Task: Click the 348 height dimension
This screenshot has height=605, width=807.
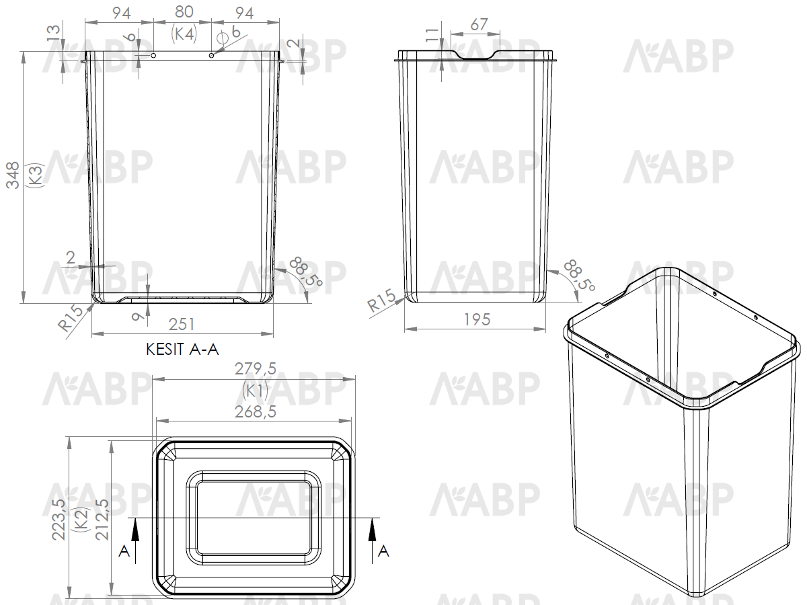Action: [x=13, y=175]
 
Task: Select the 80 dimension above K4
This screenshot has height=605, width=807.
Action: [x=184, y=11]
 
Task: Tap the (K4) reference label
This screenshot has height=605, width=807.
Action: [x=184, y=34]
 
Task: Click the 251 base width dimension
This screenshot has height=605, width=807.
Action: [x=182, y=324]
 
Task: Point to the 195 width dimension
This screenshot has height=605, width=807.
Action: [x=477, y=319]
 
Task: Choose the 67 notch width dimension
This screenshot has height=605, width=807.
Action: [x=479, y=25]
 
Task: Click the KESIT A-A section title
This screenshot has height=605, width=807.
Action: [x=182, y=350]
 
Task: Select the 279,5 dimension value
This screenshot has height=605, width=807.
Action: [x=255, y=368]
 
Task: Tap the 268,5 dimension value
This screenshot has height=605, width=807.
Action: [x=255, y=412]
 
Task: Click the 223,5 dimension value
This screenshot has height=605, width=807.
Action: [x=59, y=519]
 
